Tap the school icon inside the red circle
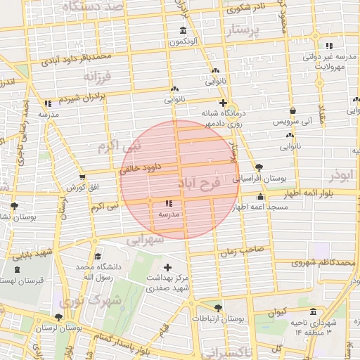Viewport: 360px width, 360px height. coord(167,204)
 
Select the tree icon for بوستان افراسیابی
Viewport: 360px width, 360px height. coord(260,167)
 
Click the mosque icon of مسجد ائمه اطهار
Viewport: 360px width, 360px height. coord(261,198)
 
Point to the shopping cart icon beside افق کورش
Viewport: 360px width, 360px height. coord(83,177)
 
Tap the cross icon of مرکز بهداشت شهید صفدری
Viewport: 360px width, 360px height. coord(167,267)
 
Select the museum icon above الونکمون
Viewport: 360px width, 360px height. coord(184,31)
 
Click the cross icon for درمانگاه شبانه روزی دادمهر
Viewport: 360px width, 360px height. coord(222,103)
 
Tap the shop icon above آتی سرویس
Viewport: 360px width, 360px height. coord(292,110)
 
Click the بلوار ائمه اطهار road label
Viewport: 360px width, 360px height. coord(302,192)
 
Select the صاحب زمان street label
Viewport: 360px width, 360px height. coord(243,249)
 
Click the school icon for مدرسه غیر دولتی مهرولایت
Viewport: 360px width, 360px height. coord(329,46)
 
